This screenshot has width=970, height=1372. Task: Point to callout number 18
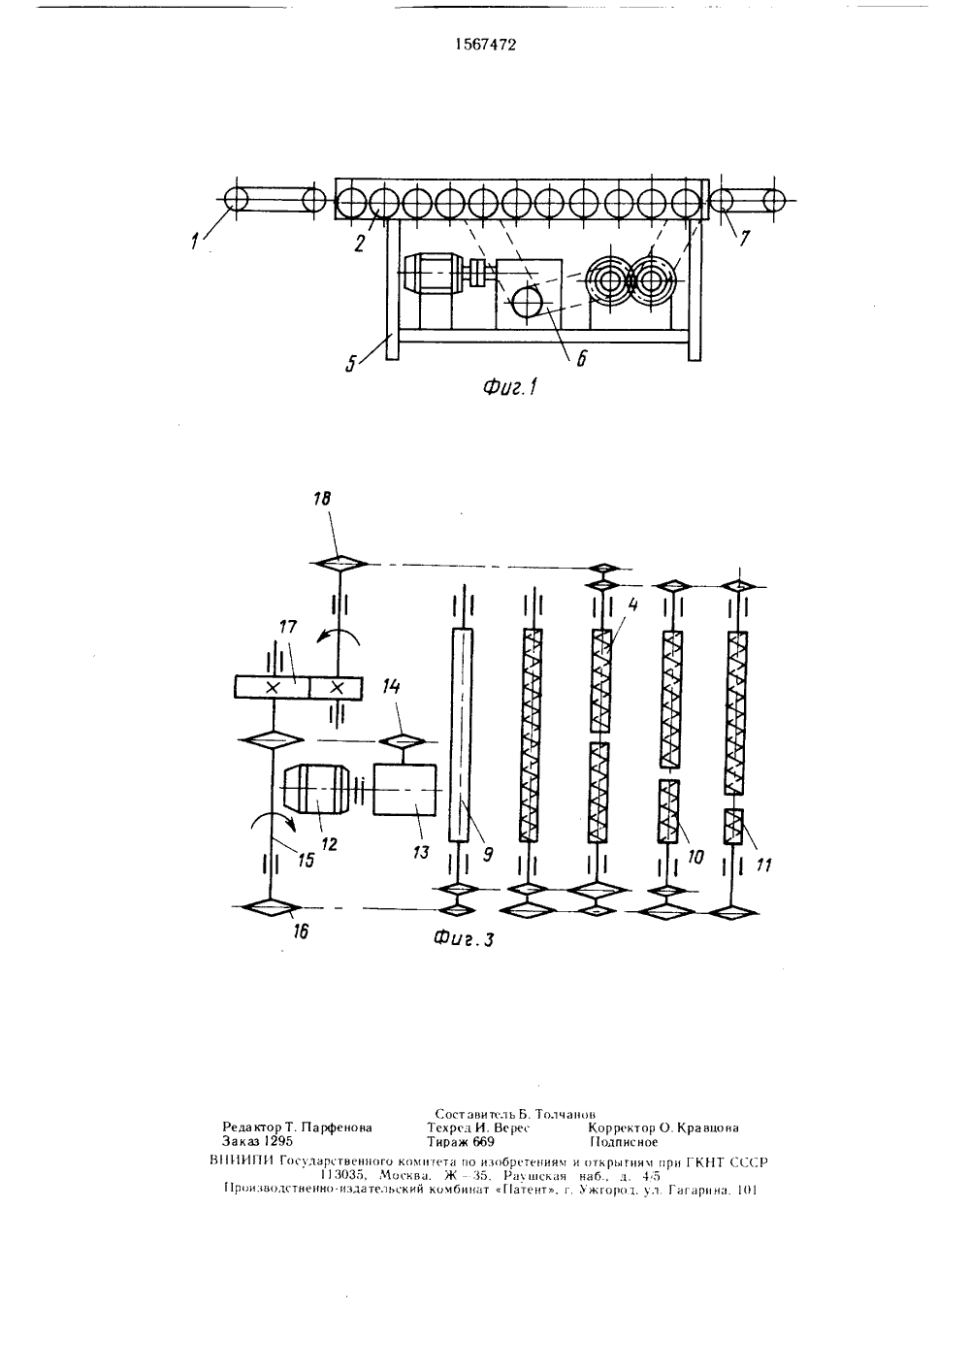pos(322,499)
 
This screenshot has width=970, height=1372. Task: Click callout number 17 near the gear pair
pos(288,627)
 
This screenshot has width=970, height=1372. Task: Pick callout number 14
pos(392,686)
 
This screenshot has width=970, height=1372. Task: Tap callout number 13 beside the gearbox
pos(421,852)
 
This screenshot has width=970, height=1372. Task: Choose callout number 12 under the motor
pos(329,844)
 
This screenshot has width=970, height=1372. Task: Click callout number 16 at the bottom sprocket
pos(301,931)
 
